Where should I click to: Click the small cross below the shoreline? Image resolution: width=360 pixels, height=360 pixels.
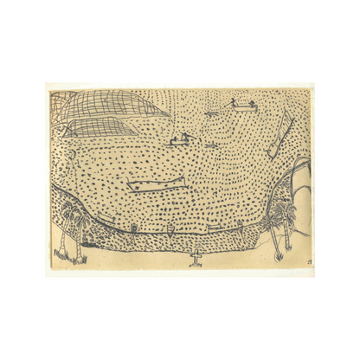pyautogui.click(x=196, y=259)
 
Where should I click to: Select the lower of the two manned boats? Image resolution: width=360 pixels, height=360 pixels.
pyautogui.click(x=181, y=140)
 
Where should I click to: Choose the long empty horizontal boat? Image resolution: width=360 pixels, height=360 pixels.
pyautogui.click(x=156, y=183)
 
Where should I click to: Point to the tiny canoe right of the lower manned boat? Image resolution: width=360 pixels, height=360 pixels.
pyautogui.click(x=210, y=144)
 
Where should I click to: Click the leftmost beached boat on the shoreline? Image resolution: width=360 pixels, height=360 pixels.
pyautogui.click(x=135, y=228)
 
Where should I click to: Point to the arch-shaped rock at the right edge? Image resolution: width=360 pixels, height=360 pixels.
pyautogui.click(x=300, y=177)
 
